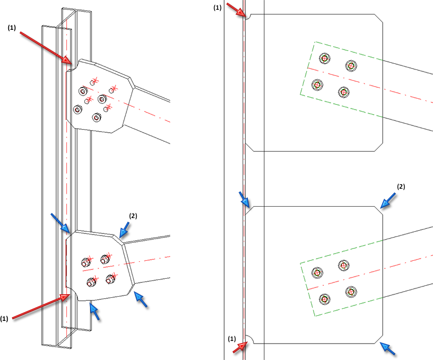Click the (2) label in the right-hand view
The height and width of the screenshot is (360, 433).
pos(401,186)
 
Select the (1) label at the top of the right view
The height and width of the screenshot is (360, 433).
pos(218,7)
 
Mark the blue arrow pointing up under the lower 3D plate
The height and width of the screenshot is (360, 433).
pos(94,311)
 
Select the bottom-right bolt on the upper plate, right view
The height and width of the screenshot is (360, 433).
pos(343,93)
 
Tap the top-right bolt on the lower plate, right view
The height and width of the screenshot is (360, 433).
pos(344,265)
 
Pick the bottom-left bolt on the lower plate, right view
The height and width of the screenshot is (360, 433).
pos(324,298)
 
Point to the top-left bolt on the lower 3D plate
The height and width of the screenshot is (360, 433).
pos(86,262)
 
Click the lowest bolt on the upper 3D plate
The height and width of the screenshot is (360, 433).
pos(96,118)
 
